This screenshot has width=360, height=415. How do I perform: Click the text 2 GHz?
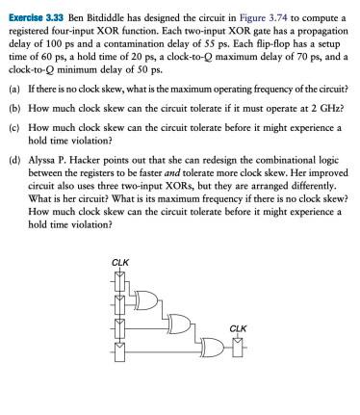pos(322,110)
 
